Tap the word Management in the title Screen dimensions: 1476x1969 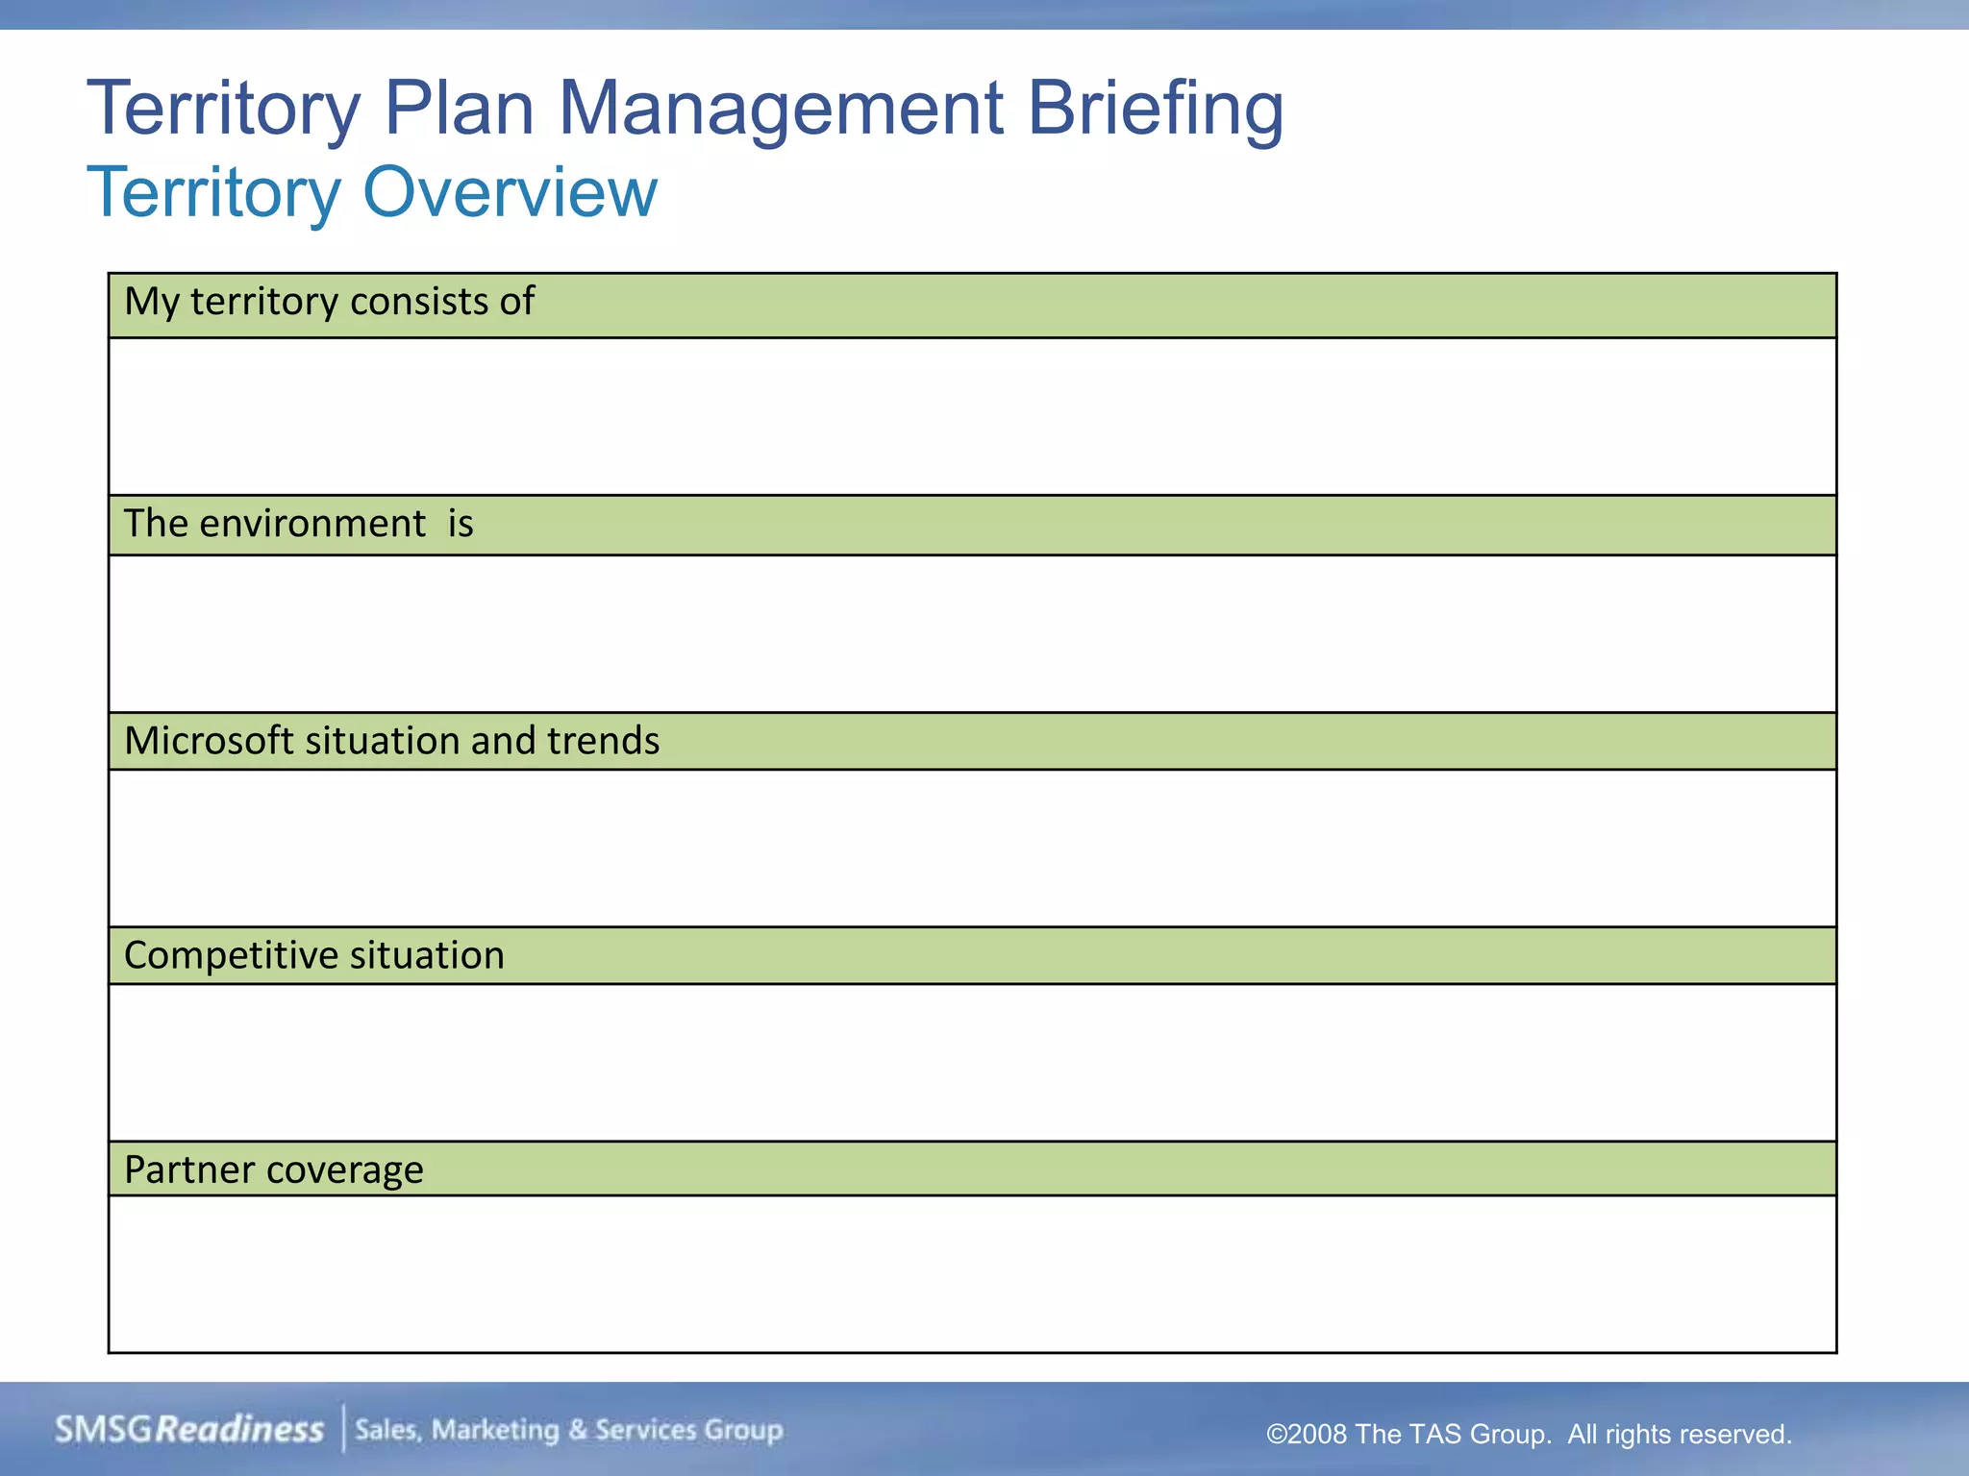[x=780, y=109]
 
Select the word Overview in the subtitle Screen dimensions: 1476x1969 [x=510, y=192]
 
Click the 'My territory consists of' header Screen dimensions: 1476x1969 [x=329, y=302]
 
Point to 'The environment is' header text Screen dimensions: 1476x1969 [x=298, y=524]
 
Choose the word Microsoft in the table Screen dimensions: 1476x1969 [x=209, y=741]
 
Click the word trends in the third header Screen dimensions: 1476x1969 [x=603, y=741]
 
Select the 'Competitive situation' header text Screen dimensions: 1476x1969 [x=313, y=955]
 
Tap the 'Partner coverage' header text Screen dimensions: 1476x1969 [x=273, y=1169]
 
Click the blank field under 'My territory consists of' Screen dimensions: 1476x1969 [x=971, y=416]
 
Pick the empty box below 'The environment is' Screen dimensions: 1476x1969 [x=971, y=633]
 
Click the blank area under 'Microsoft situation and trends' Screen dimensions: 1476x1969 [x=971, y=848]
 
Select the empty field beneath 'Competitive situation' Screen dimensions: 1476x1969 [x=971, y=1062]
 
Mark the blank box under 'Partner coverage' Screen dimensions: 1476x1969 [x=971, y=1273]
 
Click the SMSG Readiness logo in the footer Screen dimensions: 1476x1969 [x=188, y=1430]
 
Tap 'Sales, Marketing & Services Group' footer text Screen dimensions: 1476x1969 [x=568, y=1430]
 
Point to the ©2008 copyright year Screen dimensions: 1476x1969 [x=1307, y=1435]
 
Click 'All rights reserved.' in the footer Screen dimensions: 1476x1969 [x=1679, y=1435]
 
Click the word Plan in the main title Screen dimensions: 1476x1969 [x=458, y=109]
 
